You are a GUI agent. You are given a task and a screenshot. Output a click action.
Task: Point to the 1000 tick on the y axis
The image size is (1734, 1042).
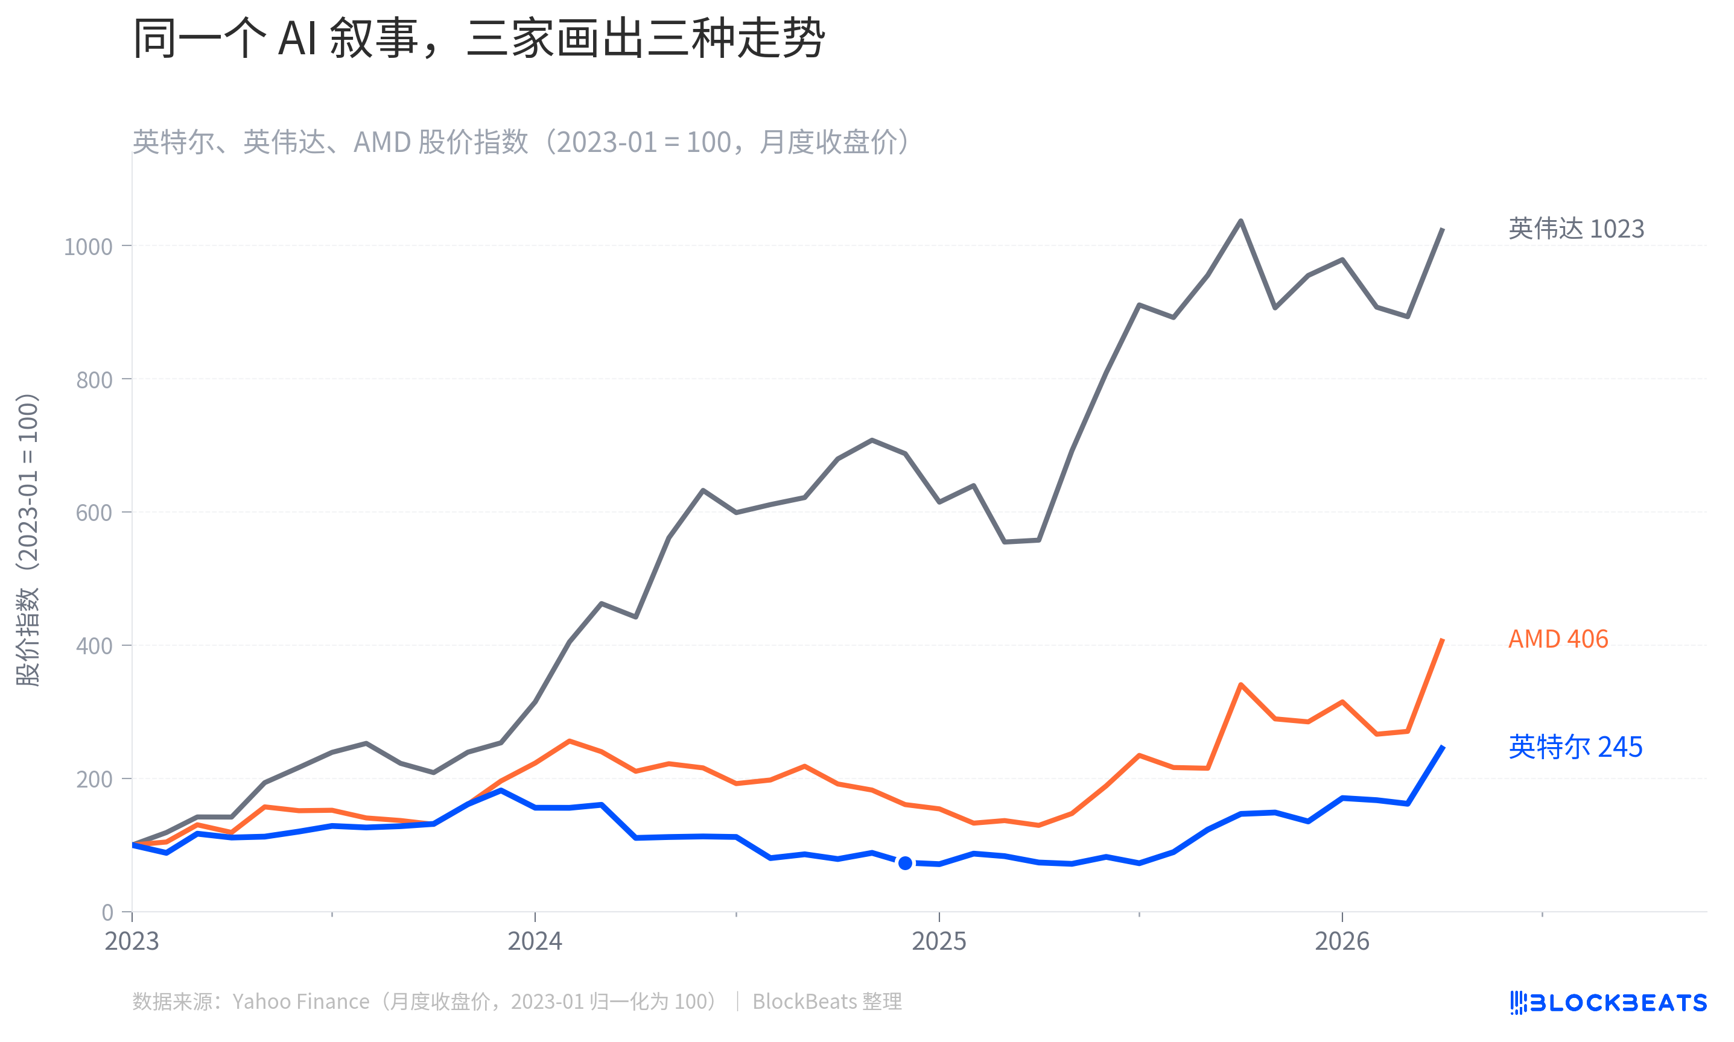tap(88, 247)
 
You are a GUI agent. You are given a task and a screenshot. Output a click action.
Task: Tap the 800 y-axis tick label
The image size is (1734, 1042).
tap(94, 380)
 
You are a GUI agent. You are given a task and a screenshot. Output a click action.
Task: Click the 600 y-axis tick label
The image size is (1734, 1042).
tap(94, 513)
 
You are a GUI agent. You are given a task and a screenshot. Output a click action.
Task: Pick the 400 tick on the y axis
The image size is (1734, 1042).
tap(94, 646)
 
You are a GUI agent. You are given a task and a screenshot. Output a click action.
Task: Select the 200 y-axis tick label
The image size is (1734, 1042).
tap(94, 778)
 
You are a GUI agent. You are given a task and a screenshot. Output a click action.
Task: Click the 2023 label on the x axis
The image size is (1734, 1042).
tap(132, 941)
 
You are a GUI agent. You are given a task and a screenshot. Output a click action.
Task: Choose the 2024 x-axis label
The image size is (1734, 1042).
tap(535, 941)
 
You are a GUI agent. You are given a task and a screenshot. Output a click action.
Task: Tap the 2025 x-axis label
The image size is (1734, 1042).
tap(939, 941)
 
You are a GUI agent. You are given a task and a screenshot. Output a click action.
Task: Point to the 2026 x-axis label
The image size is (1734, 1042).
tap(1342, 941)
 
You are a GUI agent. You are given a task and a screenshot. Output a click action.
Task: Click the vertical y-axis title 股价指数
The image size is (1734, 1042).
tap(28, 539)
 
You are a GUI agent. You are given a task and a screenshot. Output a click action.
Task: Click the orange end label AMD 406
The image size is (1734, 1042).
tap(1558, 639)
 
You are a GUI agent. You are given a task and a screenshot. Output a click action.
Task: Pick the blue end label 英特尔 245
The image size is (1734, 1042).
tap(1575, 747)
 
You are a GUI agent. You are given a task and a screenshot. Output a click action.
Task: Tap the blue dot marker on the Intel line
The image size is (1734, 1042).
tap(905, 863)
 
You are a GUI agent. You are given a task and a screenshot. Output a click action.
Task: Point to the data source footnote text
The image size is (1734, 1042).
tap(517, 1001)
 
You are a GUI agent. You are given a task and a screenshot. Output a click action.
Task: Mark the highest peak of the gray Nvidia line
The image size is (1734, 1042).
tap(1241, 221)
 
